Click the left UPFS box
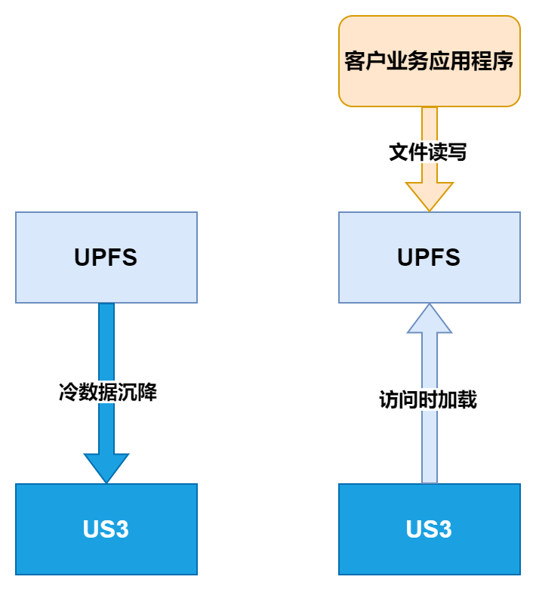click(x=106, y=257)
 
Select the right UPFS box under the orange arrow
click(x=429, y=257)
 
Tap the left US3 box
click(x=106, y=529)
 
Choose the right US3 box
click(x=429, y=529)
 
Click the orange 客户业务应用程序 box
click(x=429, y=61)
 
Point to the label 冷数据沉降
click(x=107, y=393)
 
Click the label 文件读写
click(x=428, y=153)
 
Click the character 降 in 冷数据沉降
click(x=147, y=393)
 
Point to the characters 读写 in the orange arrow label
click(x=448, y=153)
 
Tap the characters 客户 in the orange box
click(x=364, y=61)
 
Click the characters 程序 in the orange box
click(x=494, y=61)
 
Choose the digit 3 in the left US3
click(x=122, y=529)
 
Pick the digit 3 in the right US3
click(x=445, y=529)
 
